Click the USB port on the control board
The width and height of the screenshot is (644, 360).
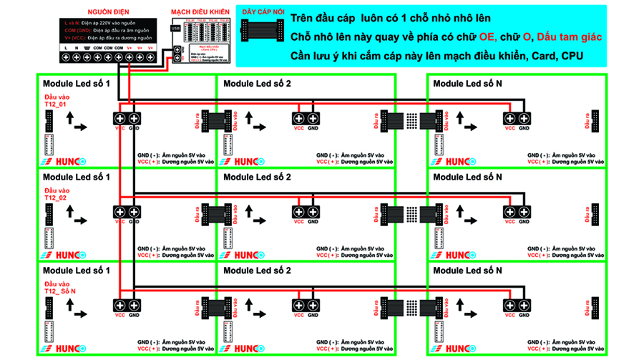[176, 28]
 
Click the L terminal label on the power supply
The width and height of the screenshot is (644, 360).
[66, 47]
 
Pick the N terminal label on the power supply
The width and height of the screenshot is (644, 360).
[77, 47]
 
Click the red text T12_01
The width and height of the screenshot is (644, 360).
[55, 105]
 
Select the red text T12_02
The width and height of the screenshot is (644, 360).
[55, 198]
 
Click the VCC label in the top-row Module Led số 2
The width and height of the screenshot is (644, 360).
[298, 129]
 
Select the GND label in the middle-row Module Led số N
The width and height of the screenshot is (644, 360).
[525, 222]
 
